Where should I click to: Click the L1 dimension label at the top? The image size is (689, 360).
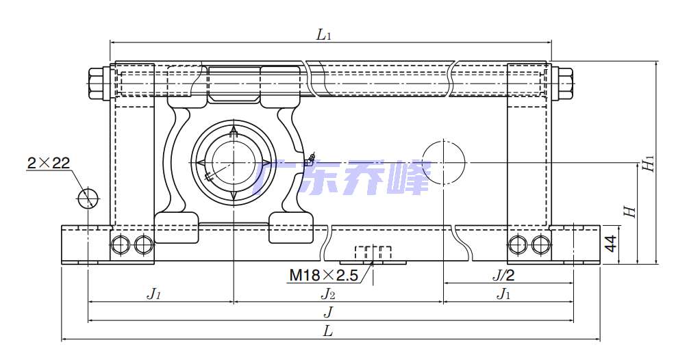click(323, 34)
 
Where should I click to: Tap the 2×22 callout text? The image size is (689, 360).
click(49, 164)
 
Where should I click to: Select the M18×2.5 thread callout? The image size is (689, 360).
click(323, 275)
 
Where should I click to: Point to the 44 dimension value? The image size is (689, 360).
click(611, 244)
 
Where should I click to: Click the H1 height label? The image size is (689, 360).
click(649, 164)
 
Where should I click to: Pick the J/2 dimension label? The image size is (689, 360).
click(503, 275)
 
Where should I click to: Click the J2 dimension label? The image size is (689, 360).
click(328, 294)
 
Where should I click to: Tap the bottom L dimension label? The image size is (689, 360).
click(328, 331)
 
